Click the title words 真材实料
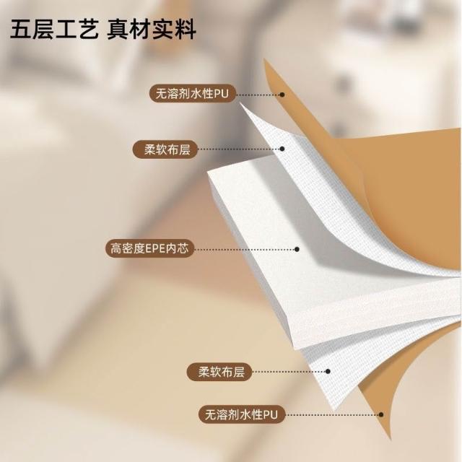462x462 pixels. click(151, 31)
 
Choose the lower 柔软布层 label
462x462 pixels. click(216, 372)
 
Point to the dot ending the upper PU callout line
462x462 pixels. click(282, 94)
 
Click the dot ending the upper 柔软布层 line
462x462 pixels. click(282, 149)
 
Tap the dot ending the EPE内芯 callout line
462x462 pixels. click(297, 249)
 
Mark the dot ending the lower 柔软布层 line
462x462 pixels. click(328, 372)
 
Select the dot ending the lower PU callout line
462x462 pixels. click(380, 414)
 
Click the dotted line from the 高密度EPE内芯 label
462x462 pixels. click(245, 249)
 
